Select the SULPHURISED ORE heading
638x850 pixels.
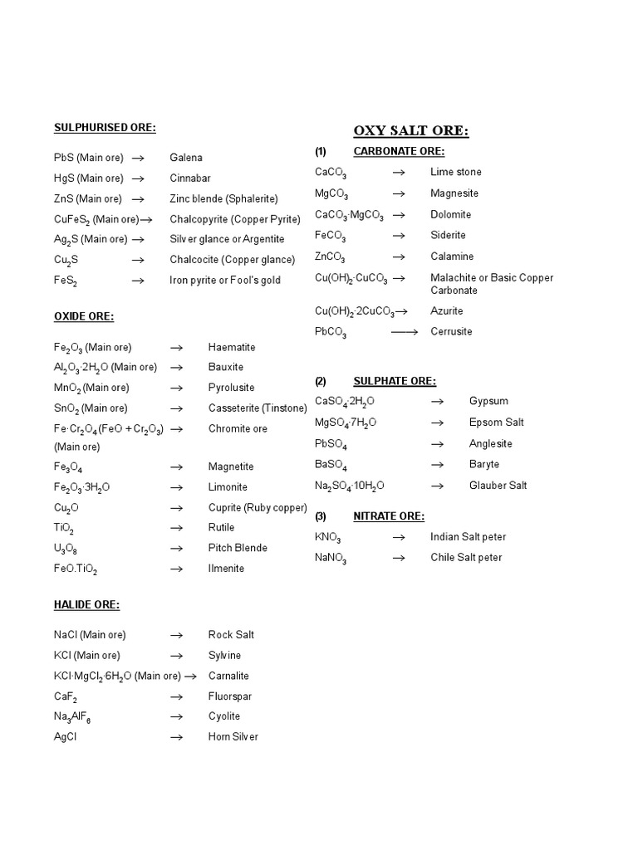click(x=105, y=127)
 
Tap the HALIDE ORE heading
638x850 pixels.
click(x=86, y=604)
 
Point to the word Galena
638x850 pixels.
click(x=186, y=158)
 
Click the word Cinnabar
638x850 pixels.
click(x=190, y=178)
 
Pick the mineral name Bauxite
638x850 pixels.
click(x=226, y=367)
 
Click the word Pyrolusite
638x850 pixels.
click(x=231, y=388)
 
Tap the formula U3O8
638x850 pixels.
click(x=69, y=549)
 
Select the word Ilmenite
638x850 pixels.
click(x=226, y=569)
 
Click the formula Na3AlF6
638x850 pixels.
click(x=72, y=717)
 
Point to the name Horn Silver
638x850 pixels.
click(x=233, y=736)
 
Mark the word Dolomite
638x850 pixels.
click(x=450, y=214)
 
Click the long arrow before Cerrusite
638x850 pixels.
click(x=404, y=331)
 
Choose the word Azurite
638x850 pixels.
click(x=447, y=310)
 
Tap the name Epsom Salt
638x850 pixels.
click(x=496, y=423)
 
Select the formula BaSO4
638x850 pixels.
click(x=331, y=465)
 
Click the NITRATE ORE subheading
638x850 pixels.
click(x=389, y=516)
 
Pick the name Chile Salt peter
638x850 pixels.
click(x=466, y=558)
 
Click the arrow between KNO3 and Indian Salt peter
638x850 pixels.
click(x=399, y=538)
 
